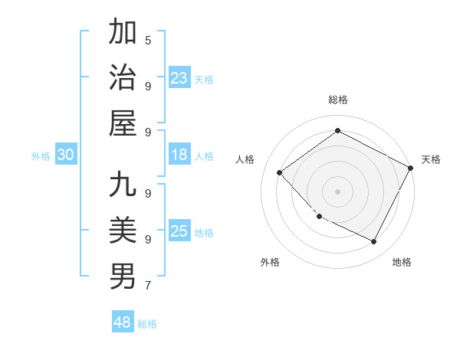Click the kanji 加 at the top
click(123, 33)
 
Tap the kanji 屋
click(123, 123)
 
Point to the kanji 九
click(123, 185)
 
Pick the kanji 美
click(123, 231)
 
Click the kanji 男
click(123, 277)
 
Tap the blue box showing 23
click(179, 78)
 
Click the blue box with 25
click(179, 231)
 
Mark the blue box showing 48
click(122, 322)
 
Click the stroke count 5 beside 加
click(147, 40)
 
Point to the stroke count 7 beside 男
click(147, 286)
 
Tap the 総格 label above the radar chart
click(337, 100)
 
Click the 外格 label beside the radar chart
click(270, 262)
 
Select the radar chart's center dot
click(337, 191)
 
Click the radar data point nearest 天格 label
click(410, 168)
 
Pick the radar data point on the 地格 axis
click(374, 242)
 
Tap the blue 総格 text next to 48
click(147, 324)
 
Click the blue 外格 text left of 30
click(41, 156)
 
